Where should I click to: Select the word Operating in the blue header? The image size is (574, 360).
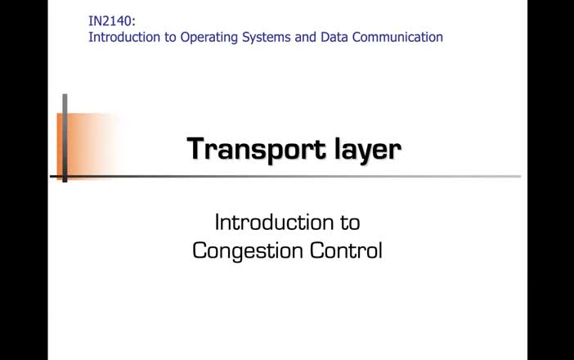coord(209,38)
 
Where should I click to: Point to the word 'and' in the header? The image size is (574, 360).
coord(305,37)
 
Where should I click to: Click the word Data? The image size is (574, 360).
coord(334,37)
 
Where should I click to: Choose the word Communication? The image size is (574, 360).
coord(397,37)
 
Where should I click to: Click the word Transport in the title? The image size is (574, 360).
coord(256,150)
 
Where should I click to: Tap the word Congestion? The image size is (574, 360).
coord(248,251)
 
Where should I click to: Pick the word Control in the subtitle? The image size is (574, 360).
coord(346,250)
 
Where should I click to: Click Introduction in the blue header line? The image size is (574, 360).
coord(124,37)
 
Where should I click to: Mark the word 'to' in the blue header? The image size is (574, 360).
coord(170,38)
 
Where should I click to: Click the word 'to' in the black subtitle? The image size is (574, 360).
coord(350,223)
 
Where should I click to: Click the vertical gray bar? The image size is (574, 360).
coord(65,137)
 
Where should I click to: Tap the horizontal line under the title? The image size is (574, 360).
coord(285,177)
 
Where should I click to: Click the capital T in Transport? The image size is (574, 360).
coord(198,148)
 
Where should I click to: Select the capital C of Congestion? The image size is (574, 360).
coord(200,250)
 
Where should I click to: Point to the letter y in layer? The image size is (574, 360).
coord(364,152)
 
